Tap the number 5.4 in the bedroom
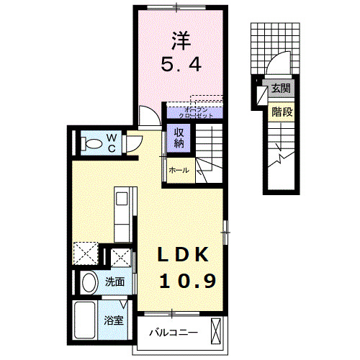pyautogui.click(x=180, y=66)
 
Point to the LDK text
pyautogui.click(x=184, y=255)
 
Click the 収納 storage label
pyautogui.click(x=178, y=138)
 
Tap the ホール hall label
pyautogui.click(x=179, y=170)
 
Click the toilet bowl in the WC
pyautogui.click(x=91, y=143)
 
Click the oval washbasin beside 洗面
pyautogui.click(x=89, y=282)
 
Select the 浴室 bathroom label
pyautogui.click(x=114, y=321)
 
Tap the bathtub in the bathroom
pyautogui.click(x=86, y=320)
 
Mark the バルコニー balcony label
pyautogui.click(x=174, y=333)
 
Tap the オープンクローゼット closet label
pyautogui.click(x=193, y=111)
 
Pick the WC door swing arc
pyautogui.click(x=134, y=145)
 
